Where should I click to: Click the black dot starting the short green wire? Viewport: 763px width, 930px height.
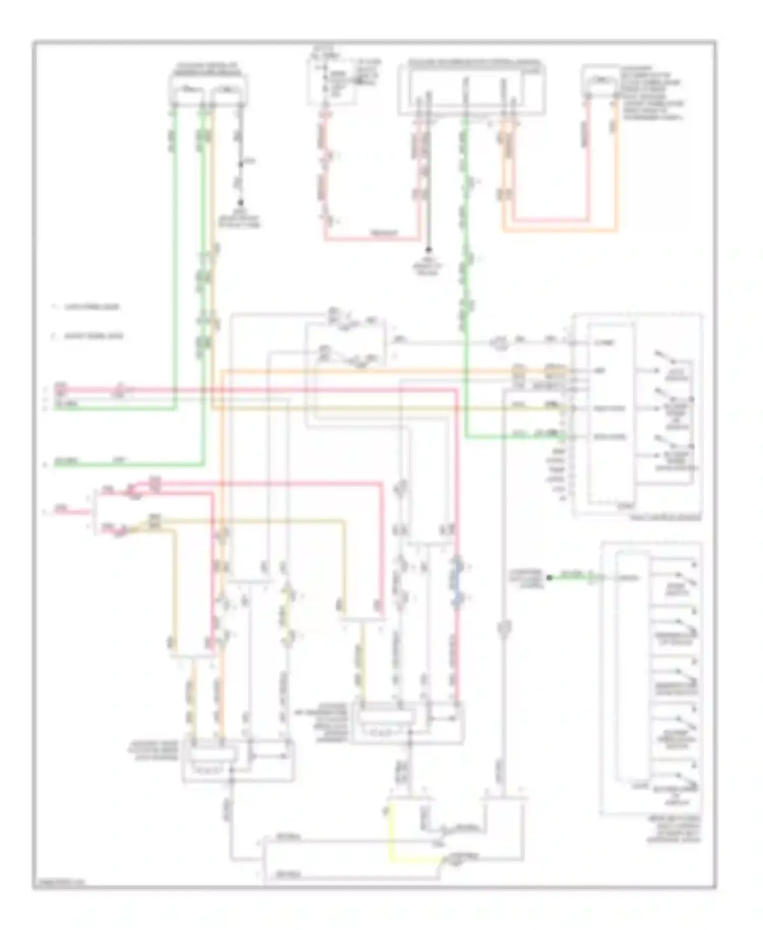pyautogui.click(x=549, y=577)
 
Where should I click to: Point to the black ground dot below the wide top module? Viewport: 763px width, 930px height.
pyautogui.click(x=429, y=250)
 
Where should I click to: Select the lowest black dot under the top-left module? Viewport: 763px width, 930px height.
pyautogui.click(x=241, y=202)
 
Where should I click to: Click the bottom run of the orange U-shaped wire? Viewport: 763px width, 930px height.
pyautogui.click(x=560, y=231)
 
